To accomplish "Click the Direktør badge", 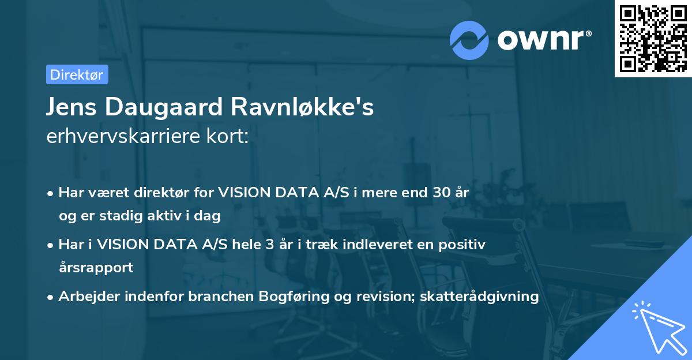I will (x=77, y=74).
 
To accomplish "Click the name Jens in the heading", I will (x=72, y=108).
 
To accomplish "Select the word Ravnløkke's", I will (x=303, y=108).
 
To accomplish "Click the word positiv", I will (x=465, y=245).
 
